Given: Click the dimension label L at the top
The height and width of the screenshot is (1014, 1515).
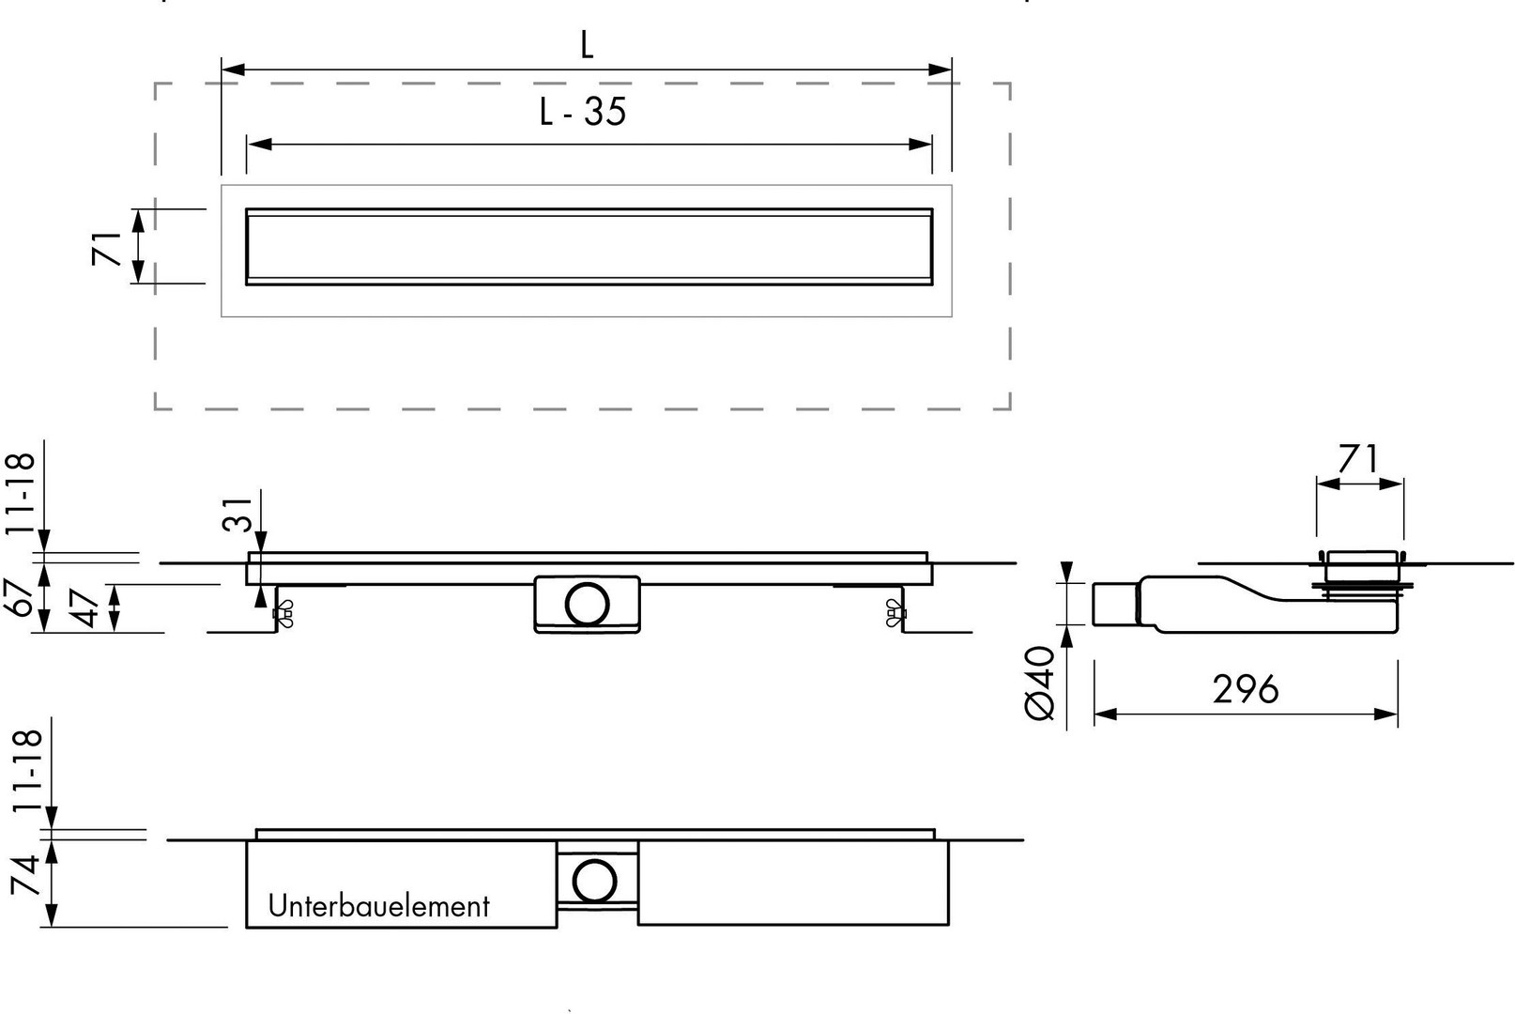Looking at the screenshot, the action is [x=587, y=45].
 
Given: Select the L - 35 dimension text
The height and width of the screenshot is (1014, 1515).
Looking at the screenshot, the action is [x=583, y=112].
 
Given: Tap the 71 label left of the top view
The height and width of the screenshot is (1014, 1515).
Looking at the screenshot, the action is [x=107, y=248].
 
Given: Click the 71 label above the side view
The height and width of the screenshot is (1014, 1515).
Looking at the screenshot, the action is [x=1358, y=459].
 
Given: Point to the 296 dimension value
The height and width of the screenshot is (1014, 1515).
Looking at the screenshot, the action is [x=1246, y=689].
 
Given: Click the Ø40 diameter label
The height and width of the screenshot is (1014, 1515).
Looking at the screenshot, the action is [x=1039, y=683].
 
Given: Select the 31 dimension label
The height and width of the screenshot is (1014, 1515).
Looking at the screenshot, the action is [x=237, y=515].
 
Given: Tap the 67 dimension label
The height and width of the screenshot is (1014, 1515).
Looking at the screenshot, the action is [x=20, y=597].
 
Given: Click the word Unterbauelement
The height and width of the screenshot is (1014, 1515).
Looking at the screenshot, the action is [x=378, y=906].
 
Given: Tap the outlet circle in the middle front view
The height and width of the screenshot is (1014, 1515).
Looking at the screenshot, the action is [x=587, y=604].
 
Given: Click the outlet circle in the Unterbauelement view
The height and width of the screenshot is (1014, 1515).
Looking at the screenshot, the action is [x=594, y=881].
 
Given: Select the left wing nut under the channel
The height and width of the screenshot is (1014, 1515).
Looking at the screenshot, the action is [x=283, y=613].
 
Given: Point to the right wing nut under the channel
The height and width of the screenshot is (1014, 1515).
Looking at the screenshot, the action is [x=895, y=613].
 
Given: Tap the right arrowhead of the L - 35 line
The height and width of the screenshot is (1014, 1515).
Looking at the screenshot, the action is [x=920, y=144].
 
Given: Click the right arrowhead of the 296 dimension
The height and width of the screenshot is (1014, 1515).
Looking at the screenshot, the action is [x=1385, y=714].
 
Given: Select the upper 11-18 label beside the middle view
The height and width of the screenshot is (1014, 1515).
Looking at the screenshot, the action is [x=20, y=494].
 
